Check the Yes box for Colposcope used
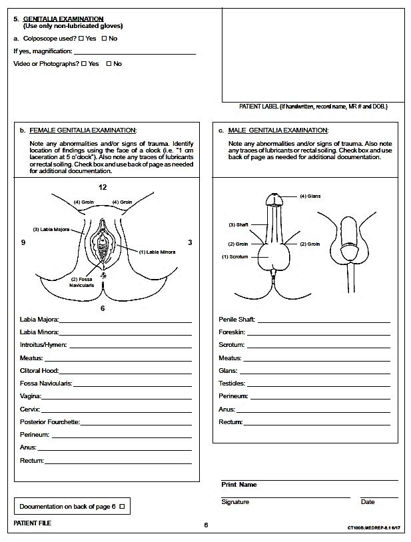tap(81, 39)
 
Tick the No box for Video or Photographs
tap(109, 64)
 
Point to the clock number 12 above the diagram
tap(103, 187)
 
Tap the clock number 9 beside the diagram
tap(23, 243)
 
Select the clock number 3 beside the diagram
tap(190, 243)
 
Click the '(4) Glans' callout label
tap(310, 196)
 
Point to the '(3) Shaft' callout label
tap(238, 224)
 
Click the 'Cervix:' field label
tap(30, 409)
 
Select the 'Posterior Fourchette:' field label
tap(50, 422)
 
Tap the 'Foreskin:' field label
tap(232, 332)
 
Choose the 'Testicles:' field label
tap(232, 384)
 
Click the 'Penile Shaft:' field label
tap(237, 320)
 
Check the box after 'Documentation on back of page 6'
tap(121, 507)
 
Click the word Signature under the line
tap(235, 502)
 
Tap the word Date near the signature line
tap(368, 502)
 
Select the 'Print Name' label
tap(238, 485)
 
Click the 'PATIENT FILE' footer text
tap(32, 523)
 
